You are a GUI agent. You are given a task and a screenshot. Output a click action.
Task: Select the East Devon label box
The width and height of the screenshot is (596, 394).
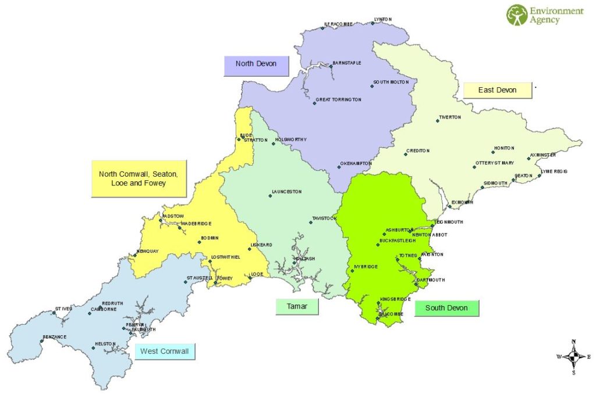498,90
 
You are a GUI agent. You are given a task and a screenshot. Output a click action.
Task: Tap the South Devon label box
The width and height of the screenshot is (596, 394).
446,308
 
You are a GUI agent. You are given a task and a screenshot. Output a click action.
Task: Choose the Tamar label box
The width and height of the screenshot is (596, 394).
297,306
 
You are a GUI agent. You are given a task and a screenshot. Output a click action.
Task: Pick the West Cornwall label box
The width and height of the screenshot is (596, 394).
165,352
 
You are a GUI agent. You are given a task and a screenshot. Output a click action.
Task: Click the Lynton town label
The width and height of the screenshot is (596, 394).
384,20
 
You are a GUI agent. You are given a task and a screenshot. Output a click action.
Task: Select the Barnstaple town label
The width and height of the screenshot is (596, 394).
347,63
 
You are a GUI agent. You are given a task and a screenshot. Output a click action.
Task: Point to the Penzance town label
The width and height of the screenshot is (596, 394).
55,337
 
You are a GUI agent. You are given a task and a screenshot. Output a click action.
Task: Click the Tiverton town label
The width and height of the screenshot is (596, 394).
450,117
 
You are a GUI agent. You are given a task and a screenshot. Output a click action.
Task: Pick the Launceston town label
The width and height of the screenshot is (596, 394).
287,192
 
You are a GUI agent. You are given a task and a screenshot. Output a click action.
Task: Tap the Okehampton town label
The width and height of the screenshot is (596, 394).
356,164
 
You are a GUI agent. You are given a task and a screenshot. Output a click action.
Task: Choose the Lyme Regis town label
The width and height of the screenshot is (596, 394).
554,171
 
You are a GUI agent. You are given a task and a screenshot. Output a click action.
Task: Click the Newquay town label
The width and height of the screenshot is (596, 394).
148,252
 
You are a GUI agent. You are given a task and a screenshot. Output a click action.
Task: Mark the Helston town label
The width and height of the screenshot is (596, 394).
105,345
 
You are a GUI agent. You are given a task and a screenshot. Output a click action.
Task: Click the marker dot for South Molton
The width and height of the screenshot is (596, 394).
372,87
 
